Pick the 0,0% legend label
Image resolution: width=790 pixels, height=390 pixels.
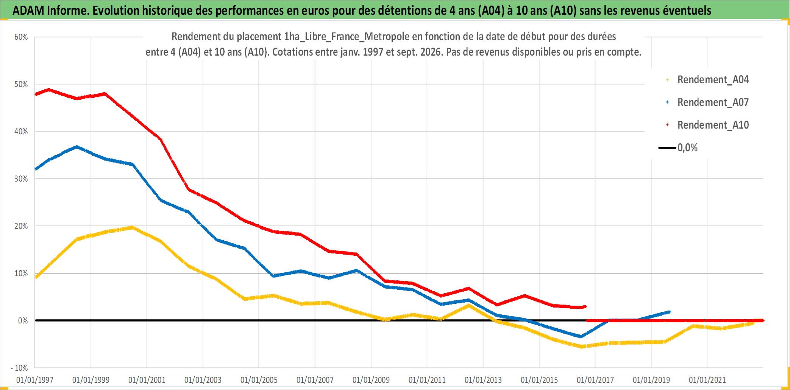click(687, 148)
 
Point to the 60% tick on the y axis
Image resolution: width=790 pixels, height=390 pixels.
click(21, 37)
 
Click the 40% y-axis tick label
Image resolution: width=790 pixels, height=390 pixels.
click(21, 132)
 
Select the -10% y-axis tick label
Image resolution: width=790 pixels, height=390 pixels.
click(19, 368)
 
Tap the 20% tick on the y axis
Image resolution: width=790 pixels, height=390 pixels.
click(21, 226)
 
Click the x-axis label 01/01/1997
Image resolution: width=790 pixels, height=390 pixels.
click(35, 380)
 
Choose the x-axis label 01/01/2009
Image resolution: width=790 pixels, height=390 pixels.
click(371, 380)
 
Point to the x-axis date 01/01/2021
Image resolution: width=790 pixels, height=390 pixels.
click(707, 380)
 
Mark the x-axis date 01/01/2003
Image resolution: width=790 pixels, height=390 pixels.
click(203, 380)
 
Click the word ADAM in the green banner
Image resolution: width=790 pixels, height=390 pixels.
click(28, 10)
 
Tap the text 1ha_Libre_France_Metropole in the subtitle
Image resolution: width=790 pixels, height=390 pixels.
click(347, 36)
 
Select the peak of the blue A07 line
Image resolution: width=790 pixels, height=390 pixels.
click(77, 147)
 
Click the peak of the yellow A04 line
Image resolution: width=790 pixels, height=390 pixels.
click(132, 227)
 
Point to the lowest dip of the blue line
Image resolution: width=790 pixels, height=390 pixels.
click(581, 336)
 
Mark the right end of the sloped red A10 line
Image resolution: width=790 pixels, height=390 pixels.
click(585, 306)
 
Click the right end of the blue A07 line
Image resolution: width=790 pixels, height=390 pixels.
click(670, 312)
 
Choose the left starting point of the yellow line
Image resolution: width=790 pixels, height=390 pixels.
click(36, 277)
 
